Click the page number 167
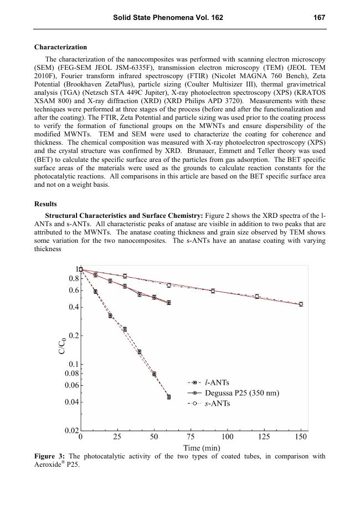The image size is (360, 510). coord(318,18)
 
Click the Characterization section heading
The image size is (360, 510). coord(60,47)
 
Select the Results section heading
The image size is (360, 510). coord(46,204)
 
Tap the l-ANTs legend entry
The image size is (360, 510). coord(217,382)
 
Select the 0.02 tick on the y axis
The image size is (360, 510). coord(71,431)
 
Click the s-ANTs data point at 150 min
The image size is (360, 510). coord(301,304)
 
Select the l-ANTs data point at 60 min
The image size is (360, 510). coord(168,397)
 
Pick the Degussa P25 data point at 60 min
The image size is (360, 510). coord(168,303)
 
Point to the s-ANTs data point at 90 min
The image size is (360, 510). coord(213,290)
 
